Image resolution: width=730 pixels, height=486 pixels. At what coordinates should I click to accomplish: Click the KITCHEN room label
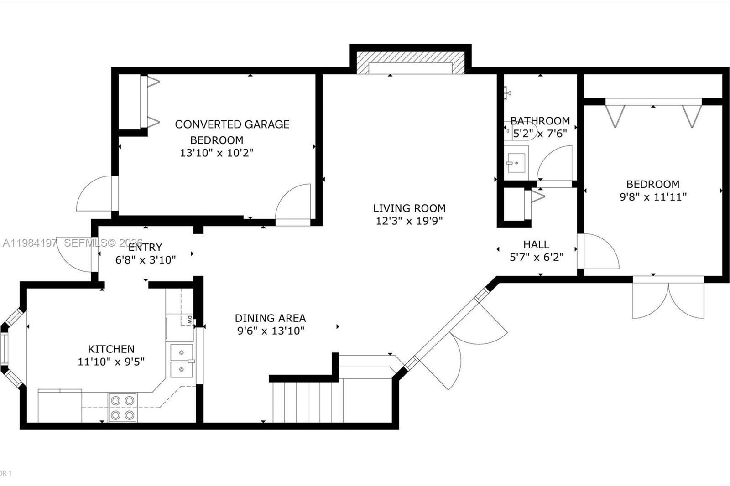click(111, 349)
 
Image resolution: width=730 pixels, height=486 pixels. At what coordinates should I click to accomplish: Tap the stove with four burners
click(123, 407)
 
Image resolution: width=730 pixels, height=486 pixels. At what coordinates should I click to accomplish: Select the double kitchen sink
click(182, 361)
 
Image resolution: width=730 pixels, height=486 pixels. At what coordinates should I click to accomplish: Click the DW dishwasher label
click(189, 319)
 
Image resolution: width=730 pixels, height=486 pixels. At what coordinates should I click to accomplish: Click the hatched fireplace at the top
click(410, 62)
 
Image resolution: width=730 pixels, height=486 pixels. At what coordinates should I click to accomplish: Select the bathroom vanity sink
click(516, 163)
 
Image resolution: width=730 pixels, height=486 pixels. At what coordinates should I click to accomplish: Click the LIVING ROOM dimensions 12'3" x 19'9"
click(409, 221)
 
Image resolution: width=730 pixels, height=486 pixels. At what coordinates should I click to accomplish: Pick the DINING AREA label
click(270, 318)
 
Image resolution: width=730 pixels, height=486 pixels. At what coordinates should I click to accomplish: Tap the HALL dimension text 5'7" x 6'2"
click(536, 257)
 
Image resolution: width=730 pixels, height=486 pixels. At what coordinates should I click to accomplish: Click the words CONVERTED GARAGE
click(232, 124)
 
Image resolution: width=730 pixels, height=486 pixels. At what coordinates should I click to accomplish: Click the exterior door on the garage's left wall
click(94, 194)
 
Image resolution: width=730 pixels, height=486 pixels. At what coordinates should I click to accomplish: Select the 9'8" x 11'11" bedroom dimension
click(653, 197)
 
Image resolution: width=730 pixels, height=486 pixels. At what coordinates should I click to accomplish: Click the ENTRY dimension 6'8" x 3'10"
click(145, 260)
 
